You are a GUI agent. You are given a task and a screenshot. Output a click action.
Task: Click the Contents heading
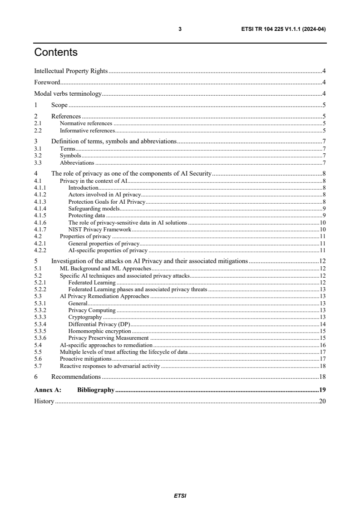(x=56, y=53)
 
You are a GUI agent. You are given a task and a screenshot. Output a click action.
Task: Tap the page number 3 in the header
(x=180, y=29)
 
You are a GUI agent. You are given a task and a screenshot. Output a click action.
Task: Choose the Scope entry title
(x=59, y=105)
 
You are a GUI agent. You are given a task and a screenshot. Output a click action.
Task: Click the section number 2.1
(x=38, y=123)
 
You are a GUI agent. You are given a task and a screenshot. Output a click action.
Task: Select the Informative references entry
(x=87, y=130)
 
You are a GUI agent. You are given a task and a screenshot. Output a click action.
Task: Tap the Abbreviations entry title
(x=77, y=162)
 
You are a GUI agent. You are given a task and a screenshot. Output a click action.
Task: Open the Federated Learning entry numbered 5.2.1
(x=92, y=283)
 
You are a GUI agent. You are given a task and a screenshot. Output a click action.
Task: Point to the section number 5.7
(x=38, y=366)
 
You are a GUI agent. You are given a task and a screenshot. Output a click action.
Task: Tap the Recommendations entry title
(x=76, y=377)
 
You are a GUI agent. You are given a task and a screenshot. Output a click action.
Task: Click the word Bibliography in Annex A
(x=95, y=389)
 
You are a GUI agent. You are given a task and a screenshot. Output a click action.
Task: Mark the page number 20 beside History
(x=323, y=401)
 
